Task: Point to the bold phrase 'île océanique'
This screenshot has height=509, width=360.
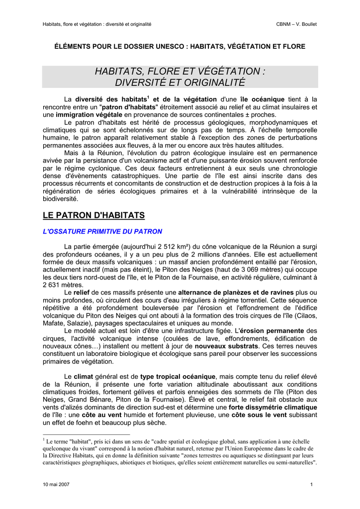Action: (x=262, y=99)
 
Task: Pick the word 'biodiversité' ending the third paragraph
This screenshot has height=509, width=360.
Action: (x=60, y=198)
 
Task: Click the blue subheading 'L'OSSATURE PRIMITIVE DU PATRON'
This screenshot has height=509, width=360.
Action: (x=102, y=232)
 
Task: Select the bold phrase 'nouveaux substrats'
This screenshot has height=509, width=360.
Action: (x=227, y=345)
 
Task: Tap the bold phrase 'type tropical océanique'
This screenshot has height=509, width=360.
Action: (x=178, y=376)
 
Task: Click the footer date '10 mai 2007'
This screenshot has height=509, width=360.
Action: (x=56, y=485)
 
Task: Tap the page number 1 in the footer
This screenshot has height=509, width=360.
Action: (x=311, y=485)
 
